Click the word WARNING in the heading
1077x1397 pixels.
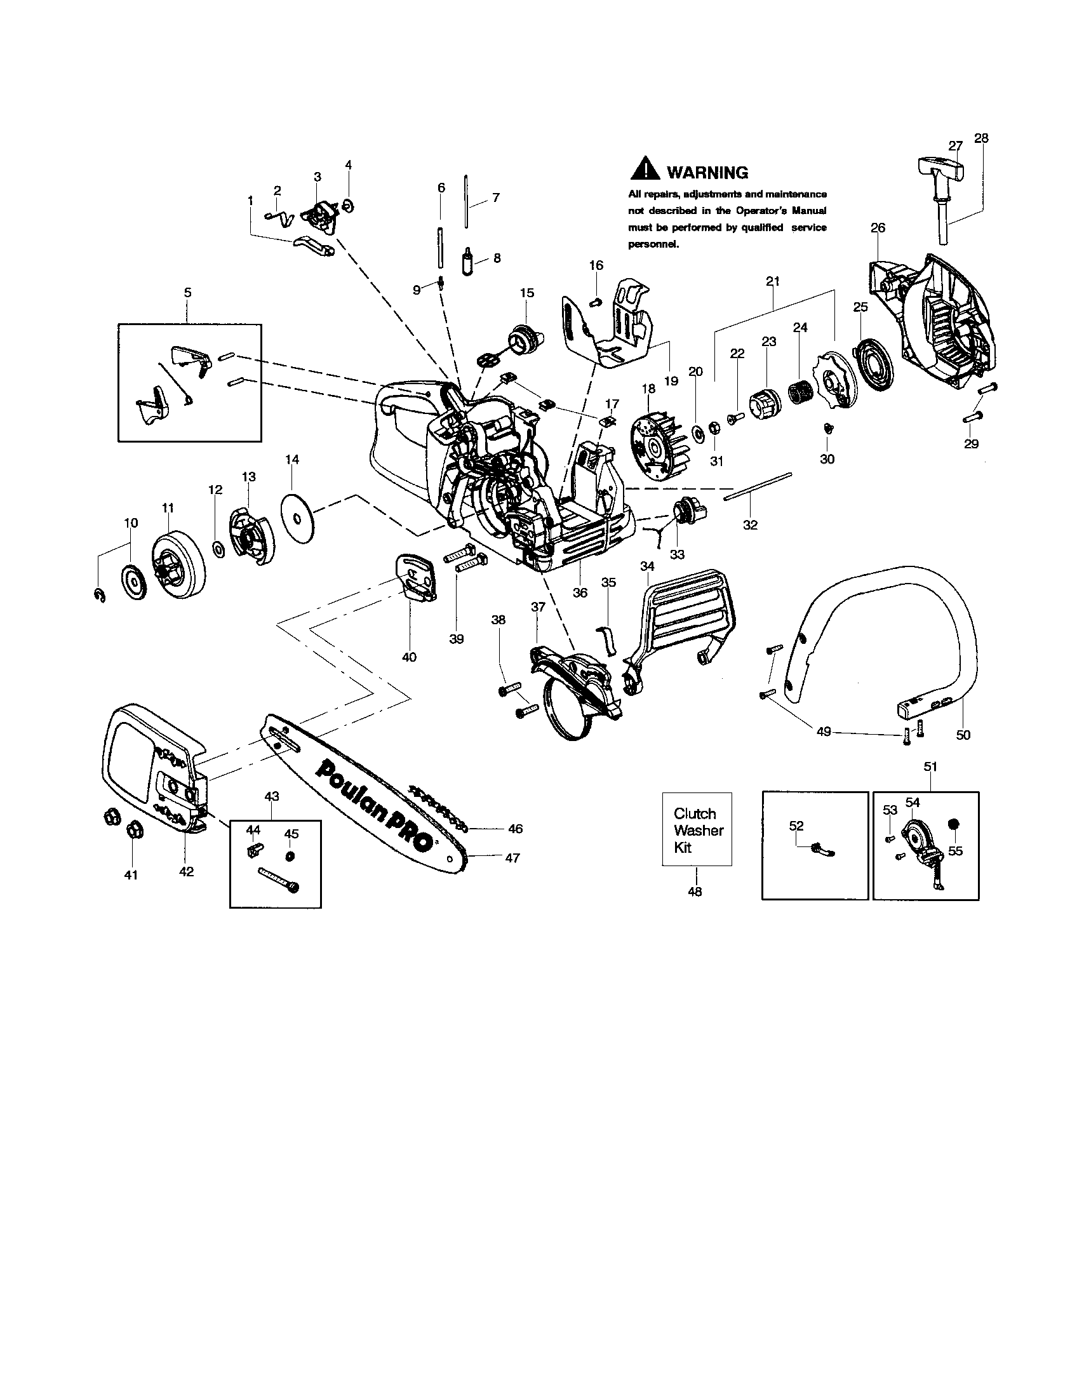(x=707, y=173)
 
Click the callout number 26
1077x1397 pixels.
(x=878, y=228)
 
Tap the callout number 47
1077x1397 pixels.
(x=512, y=859)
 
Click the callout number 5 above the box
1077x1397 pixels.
(x=187, y=292)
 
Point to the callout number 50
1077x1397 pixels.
(x=963, y=735)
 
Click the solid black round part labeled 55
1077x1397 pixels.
(x=955, y=824)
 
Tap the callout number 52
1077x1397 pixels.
(x=796, y=825)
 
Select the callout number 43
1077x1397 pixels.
(x=272, y=796)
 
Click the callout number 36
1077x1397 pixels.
(x=579, y=593)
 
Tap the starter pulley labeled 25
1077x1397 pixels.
(x=875, y=363)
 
